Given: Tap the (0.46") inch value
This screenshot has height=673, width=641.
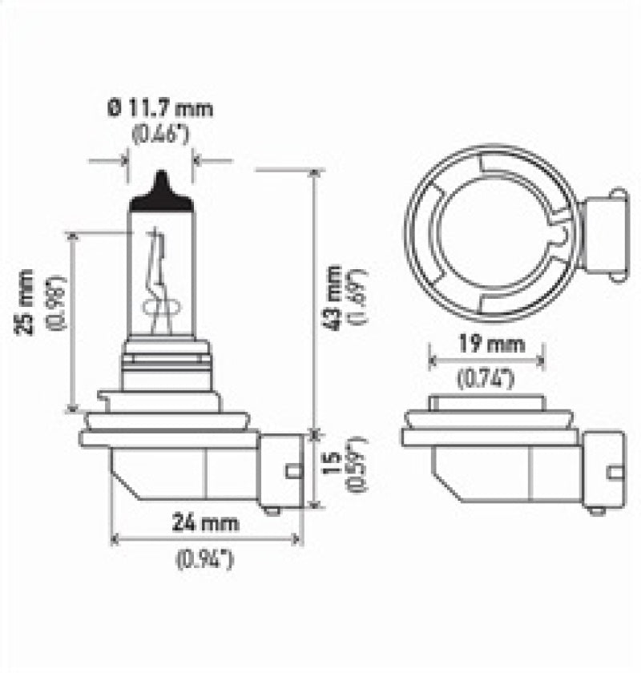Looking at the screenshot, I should point(160,134).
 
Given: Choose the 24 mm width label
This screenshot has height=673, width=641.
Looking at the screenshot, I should point(207,524).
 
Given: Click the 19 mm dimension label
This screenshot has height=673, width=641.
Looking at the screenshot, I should point(487,345).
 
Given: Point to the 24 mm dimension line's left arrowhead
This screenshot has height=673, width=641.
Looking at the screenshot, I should point(115,539).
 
